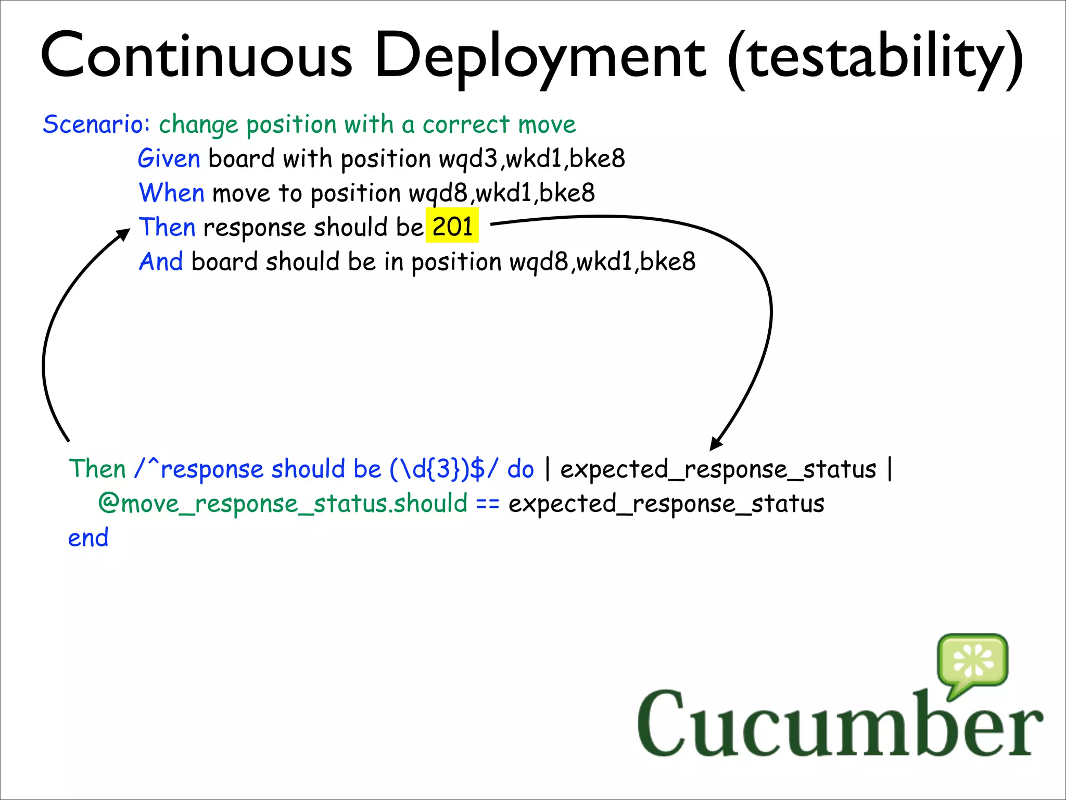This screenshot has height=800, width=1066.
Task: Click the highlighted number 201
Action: (452, 227)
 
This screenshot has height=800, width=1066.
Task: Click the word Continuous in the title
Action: (197, 56)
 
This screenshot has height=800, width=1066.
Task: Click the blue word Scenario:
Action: (97, 124)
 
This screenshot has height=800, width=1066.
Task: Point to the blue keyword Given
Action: (169, 158)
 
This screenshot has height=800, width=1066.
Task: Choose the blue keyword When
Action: (171, 193)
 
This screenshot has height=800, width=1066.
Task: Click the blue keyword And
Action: (161, 261)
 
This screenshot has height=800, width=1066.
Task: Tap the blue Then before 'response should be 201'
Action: (167, 227)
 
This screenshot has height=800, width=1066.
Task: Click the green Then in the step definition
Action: (97, 469)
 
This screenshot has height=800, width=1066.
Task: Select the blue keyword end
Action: (88, 537)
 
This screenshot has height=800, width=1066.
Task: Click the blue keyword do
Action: (521, 469)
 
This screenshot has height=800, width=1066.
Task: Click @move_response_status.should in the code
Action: (283, 504)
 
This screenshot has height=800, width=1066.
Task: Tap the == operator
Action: (488, 504)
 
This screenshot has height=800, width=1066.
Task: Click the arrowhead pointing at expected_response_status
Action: (716, 444)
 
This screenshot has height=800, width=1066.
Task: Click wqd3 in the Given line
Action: (468, 158)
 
